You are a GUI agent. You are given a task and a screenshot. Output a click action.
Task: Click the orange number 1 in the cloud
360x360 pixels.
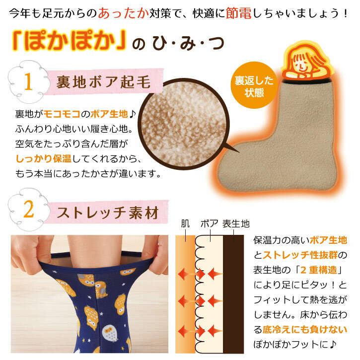(28, 81)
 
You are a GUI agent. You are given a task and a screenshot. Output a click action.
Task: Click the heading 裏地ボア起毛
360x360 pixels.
(104, 82)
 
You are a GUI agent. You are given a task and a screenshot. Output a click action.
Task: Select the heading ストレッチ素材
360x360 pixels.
(108, 213)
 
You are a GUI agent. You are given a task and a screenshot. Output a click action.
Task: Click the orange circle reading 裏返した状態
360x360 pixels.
(254, 85)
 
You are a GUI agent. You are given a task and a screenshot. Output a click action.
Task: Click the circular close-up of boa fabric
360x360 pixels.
(184, 124)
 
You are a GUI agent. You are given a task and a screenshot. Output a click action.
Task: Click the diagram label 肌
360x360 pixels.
(186, 224)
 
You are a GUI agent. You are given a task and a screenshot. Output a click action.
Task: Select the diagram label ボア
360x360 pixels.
(210, 224)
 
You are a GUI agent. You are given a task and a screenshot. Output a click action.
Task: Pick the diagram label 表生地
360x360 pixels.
(236, 224)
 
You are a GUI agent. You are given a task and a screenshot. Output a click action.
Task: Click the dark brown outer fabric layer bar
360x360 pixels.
(233, 294)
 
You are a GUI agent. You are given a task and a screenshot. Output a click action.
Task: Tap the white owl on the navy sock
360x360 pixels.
(110, 333)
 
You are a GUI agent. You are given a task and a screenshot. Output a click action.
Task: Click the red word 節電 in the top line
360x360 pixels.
(238, 13)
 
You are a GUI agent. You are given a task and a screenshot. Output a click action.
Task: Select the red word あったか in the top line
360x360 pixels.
(124, 13)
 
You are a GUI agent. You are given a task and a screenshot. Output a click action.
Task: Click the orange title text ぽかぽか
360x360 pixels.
(70, 40)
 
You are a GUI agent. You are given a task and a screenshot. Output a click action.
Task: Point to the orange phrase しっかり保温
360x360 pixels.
(44, 158)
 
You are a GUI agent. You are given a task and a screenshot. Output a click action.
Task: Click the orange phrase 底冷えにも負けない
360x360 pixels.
(304, 330)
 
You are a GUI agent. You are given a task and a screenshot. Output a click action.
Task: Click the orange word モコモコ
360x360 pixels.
(62, 114)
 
